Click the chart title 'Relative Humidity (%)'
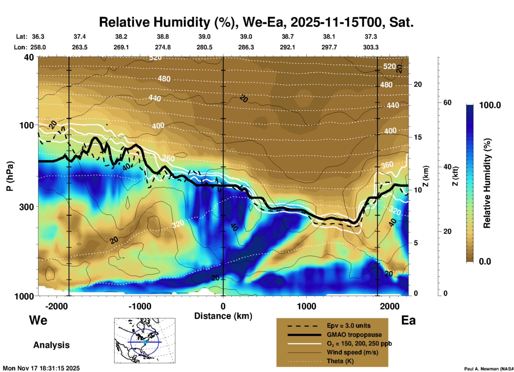click(165, 22)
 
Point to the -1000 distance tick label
click(140, 306)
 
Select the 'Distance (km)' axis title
click(223, 316)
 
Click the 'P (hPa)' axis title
click(10, 176)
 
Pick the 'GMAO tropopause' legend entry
click(354, 335)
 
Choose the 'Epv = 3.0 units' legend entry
click(349, 326)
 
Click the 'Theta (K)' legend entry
click(340, 361)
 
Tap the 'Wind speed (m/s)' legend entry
click(352, 352)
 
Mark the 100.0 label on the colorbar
click(490, 105)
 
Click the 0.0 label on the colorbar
click(485, 261)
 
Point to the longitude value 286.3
click(246, 47)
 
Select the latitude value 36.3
click(38, 37)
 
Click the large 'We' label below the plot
click(38, 320)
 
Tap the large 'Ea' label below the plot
click(408, 320)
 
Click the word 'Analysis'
click(51, 345)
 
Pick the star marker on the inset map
click(145, 342)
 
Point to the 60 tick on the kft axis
click(447, 102)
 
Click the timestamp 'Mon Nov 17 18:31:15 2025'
click(41, 368)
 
